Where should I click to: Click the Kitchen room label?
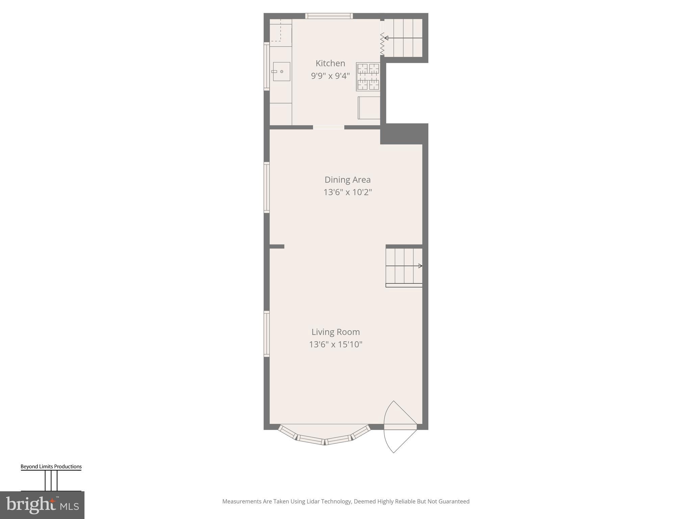(x=330, y=63)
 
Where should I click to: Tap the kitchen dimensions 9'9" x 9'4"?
(x=330, y=76)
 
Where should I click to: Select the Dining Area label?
(x=347, y=180)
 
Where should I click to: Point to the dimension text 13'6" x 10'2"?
(x=347, y=192)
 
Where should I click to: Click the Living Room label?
(x=336, y=332)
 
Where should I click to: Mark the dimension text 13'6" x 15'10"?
(x=336, y=345)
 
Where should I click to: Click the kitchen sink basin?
(x=281, y=72)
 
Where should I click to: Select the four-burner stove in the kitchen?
(x=368, y=77)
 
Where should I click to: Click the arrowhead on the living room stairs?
(x=420, y=266)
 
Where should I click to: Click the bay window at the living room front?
(x=324, y=438)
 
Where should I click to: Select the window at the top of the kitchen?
(x=329, y=16)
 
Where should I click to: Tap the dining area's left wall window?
(x=267, y=188)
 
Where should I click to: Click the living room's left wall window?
(x=267, y=334)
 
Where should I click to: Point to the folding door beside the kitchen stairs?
(x=382, y=44)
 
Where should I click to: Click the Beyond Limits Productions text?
(x=51, y=467)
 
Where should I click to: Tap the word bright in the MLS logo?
(x=31, y=505)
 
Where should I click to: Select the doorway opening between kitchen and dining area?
(x=328, y=127)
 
